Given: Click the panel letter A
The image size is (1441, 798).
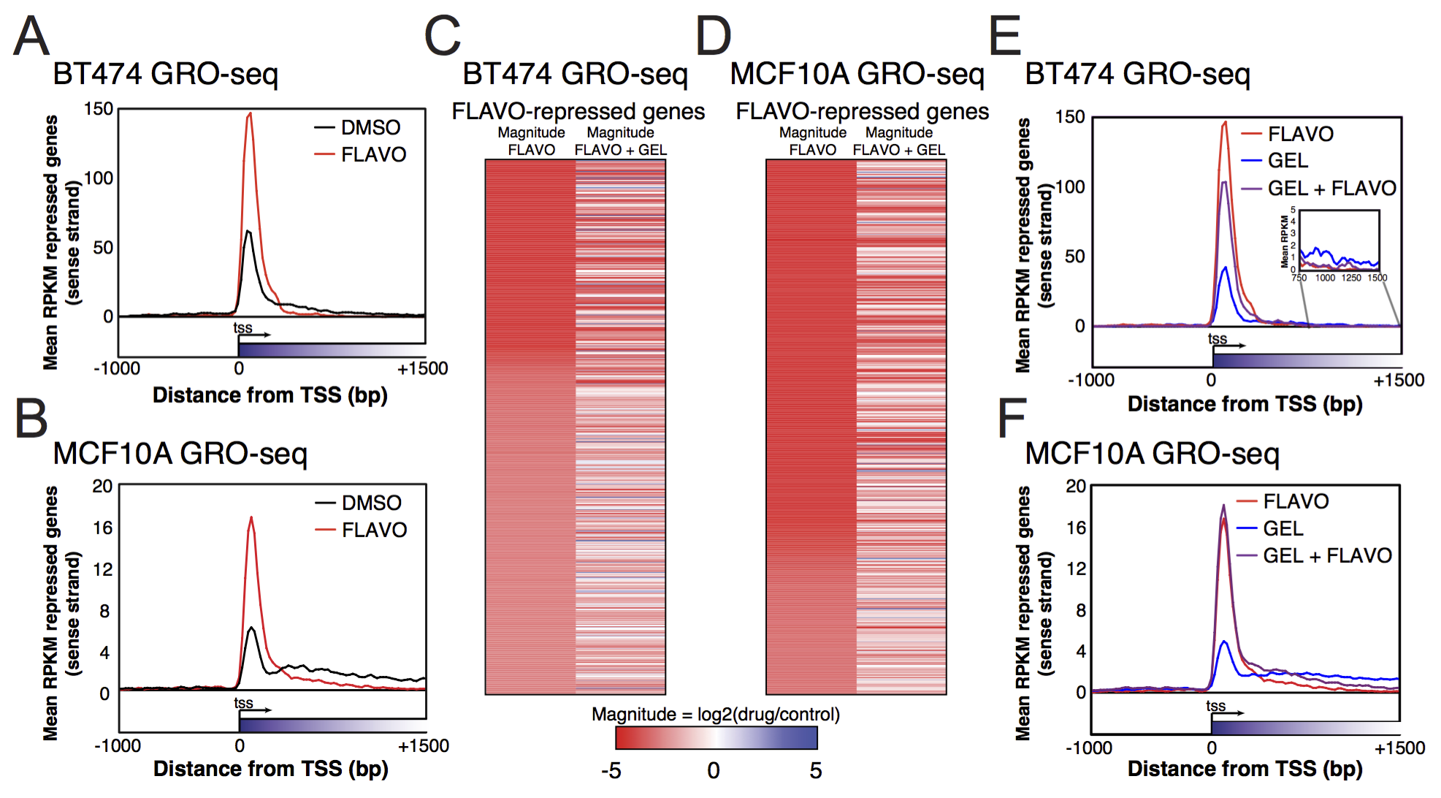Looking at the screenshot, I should point(31,37).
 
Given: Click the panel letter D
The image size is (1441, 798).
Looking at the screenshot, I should point(713,37).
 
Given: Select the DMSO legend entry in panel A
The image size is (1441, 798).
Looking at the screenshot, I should point(358,128).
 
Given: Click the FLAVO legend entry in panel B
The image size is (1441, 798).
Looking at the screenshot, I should point(361,530).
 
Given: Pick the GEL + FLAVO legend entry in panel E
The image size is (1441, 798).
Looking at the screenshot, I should point(1318,189).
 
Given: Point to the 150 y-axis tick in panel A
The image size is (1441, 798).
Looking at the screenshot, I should point(99,110).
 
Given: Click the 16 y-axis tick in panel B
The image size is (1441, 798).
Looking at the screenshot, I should point(102,528).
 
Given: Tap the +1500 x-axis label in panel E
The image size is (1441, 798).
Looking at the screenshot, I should point(1398,380).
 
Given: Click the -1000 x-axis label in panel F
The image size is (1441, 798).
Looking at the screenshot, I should point(1088,748).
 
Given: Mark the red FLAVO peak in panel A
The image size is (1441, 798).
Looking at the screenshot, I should point(250,115).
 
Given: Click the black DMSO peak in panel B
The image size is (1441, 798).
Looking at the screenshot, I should point(251,628).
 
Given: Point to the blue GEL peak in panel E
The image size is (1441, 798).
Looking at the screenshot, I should point(1225,268).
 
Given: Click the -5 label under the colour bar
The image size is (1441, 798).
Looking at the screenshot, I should point(611,770).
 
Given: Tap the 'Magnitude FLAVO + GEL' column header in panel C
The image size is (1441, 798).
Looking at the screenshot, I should point(620,141).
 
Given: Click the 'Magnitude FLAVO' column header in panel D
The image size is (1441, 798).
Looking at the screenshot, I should point(812,141).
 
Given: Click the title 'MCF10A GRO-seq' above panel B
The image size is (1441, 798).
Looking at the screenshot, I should point(180,454).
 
